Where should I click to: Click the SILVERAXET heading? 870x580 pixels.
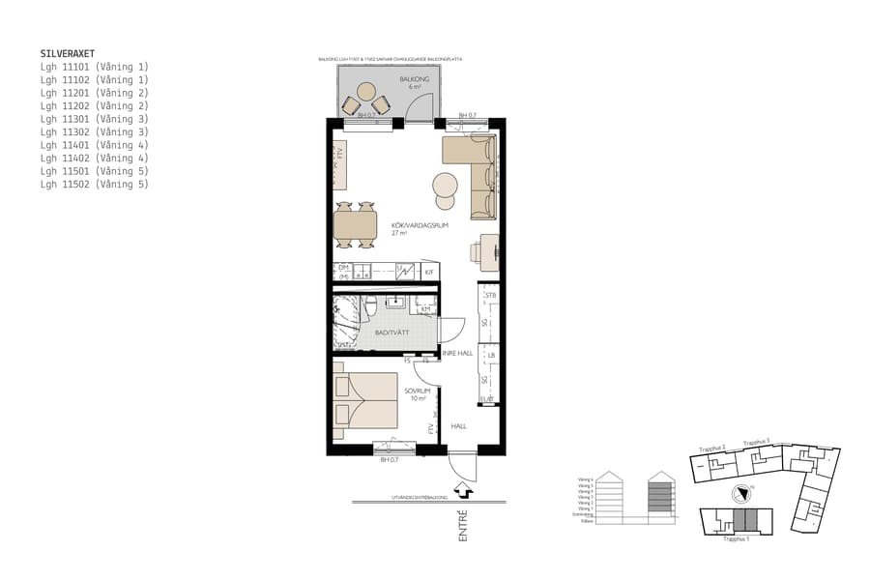(x=68, y=54)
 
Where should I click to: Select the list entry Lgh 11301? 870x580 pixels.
(x=94, y=119)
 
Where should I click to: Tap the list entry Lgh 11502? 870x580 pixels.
(x=94, y=184)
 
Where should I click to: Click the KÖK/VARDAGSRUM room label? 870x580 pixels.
(x=413, y=226)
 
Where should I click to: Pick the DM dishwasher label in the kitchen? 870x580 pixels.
(x=343, y=267)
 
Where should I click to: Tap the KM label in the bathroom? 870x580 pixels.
(x=425, y=309)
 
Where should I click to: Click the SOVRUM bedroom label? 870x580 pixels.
(x=417, y=391)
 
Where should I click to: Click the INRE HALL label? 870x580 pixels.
(x=457, y=354)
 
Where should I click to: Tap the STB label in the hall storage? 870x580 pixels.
(x=490, y=295)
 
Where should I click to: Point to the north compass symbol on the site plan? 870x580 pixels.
(x=741, y=491)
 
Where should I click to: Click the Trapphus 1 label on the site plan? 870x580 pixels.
(x=736, y=539)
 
